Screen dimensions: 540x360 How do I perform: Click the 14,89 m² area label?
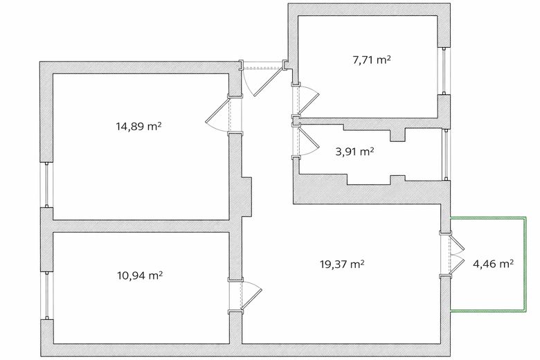click(138, 127)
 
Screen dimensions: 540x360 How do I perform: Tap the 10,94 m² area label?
click(140, 276)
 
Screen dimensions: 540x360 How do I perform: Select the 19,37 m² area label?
click(342, 264)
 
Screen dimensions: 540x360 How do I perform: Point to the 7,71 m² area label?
click(372, 60)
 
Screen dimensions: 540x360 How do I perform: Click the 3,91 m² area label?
click(354, 151)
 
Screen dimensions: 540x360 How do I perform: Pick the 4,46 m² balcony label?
click(494, 264)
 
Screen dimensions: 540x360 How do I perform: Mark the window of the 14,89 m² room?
click(46, 185)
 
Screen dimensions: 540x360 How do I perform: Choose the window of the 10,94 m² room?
click(47, 295)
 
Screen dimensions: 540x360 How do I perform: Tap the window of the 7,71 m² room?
click(444, 71)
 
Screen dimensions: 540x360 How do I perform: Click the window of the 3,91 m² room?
click(447, 154)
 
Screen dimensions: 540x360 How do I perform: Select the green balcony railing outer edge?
click(525, 264)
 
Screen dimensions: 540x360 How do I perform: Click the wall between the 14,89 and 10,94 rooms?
click(141, 226)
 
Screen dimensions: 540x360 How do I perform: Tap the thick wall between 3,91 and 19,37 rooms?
click(372, 192)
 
